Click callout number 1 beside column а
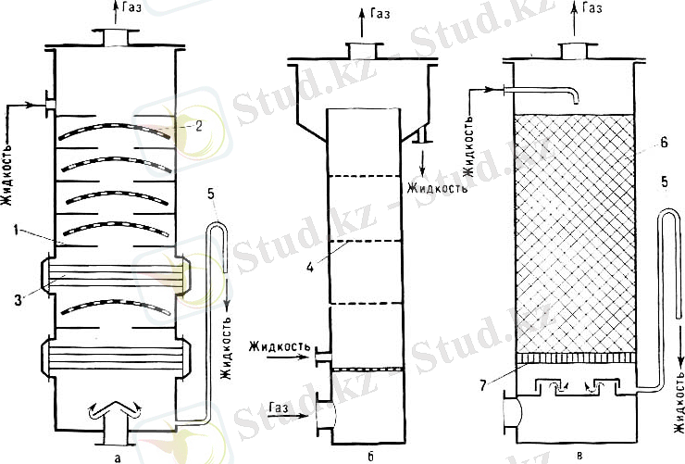pyautogui.click(x=17, y=230)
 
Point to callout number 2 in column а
pyautogui.click(x=198, y=126)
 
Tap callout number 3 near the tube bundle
pyautogui.click(x=18, y=300)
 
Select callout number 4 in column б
pyautogui.click(x=310, y=267)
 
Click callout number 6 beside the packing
pyautogui.click(x=664, y=142)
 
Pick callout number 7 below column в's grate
pyautogui.click(x=482, y=385)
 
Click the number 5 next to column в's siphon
pyautogui.click(x=664, y=182)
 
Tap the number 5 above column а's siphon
pyautogui.click(x=211, y=194)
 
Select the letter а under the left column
pyautogui.click(x=117, y=457)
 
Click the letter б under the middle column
pyautogui.click(x=370, y=457)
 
